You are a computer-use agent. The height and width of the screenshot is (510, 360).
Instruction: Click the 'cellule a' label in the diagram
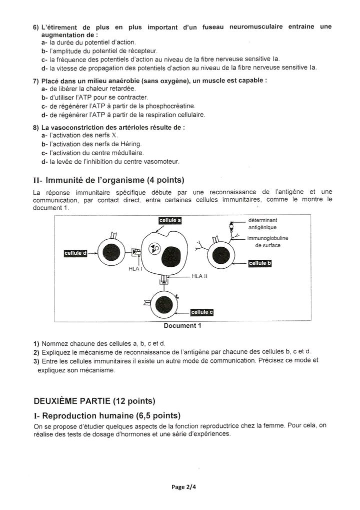point(170,220)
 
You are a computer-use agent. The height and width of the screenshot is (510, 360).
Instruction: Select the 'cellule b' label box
point(259,263)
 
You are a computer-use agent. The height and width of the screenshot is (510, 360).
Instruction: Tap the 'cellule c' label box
point(202,312)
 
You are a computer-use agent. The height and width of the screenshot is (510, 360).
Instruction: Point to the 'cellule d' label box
point(75,253)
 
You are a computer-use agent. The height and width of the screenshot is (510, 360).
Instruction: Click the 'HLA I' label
point(135,269)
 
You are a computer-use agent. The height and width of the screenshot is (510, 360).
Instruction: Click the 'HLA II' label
point(199,276)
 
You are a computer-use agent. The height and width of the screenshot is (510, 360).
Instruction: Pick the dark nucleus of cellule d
point(110,253)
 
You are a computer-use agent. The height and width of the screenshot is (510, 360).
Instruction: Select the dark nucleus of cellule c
point(164,305)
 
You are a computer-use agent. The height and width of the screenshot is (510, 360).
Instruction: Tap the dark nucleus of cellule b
point(221,256)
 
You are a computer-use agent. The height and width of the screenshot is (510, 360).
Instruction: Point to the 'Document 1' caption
point(182,325)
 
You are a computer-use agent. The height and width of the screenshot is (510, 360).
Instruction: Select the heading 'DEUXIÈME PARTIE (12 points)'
point(94,401)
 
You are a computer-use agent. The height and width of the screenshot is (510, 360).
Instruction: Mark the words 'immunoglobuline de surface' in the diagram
point(267,242)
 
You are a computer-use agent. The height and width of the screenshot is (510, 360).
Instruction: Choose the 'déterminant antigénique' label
point(262,224)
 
